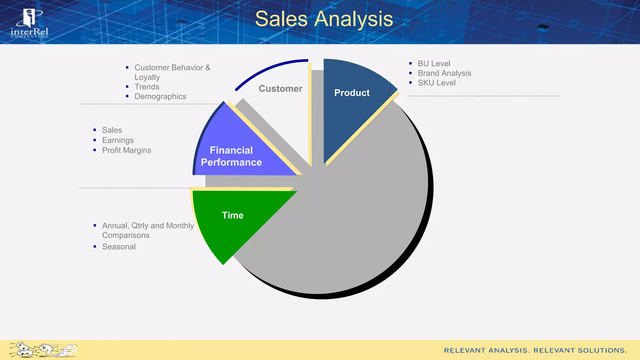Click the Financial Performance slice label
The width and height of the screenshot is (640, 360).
(x=231, y=156)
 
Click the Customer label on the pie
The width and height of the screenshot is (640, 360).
(x=280, y=89)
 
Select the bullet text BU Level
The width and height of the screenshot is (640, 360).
(x=434, y=64)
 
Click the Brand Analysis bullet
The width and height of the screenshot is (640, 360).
(x=444, y=73)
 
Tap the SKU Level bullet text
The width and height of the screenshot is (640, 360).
(x=436, y=83)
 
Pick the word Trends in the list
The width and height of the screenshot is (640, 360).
(x=147, y=87)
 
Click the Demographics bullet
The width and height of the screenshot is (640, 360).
(x=160, y=97)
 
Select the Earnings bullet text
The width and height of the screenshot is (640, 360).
(x=118, y=140)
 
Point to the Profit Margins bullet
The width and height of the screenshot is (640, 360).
(x=127, y=150)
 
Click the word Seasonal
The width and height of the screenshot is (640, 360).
(x=119, y=247)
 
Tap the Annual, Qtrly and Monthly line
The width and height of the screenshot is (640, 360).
(x=148, y=226)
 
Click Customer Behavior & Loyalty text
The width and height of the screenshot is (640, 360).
(x=172, y=72)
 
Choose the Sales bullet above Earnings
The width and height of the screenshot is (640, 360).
(x=112, y=130)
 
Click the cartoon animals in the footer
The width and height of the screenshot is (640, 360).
(x=43, y=350)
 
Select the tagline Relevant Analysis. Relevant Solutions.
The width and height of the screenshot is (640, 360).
(x=535, y=351)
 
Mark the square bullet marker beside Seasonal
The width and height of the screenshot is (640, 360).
(x=95, y=247)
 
